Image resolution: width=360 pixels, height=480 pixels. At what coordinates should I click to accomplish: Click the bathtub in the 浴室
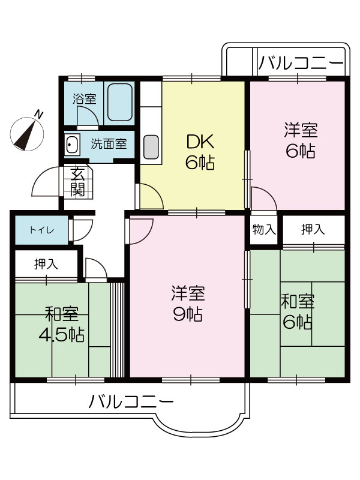(x=119, y=102)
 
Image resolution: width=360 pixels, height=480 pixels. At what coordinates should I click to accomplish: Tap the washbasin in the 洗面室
(x=72, y=143)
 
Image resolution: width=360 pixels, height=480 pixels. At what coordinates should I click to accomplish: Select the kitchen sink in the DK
(x=151, y=147)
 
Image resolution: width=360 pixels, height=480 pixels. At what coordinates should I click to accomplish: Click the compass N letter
(x=39, y=114)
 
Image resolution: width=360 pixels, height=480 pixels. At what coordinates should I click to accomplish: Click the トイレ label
(x=42, y=230)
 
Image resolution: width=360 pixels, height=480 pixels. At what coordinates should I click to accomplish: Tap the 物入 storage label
(x=263, y=229)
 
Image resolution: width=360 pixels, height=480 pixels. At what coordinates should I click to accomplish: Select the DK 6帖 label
(x=200, y=152)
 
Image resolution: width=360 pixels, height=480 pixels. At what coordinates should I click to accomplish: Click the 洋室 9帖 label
(x=188, y=303)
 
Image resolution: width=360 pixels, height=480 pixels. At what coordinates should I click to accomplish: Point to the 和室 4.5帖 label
(x=62, y=324)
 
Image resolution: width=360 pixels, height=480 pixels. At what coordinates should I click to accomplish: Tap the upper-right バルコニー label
(x=301, y=63)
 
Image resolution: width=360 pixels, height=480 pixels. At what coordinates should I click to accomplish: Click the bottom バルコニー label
(x=131, y=402)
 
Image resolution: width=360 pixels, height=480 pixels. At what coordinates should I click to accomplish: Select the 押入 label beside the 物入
(x=313, y=229)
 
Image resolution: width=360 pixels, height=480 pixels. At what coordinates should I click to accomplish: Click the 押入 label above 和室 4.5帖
(x=46, y=264)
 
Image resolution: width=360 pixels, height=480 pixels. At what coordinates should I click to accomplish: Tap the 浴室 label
(x=85, y=98)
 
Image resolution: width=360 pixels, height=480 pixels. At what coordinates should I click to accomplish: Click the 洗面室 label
(x=109, y=143)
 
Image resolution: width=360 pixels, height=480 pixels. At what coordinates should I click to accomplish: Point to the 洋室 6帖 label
(x=301, y=140)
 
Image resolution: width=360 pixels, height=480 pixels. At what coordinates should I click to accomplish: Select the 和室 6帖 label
(x=298, y=311)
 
